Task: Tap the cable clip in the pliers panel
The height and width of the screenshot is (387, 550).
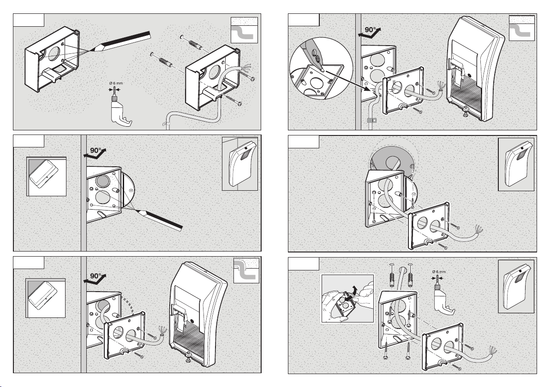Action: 369,122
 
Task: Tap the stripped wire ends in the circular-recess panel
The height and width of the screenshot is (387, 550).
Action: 478,229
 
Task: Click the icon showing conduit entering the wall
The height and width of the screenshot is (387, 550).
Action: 246,270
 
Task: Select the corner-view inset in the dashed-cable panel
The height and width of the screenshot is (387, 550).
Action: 46,298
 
